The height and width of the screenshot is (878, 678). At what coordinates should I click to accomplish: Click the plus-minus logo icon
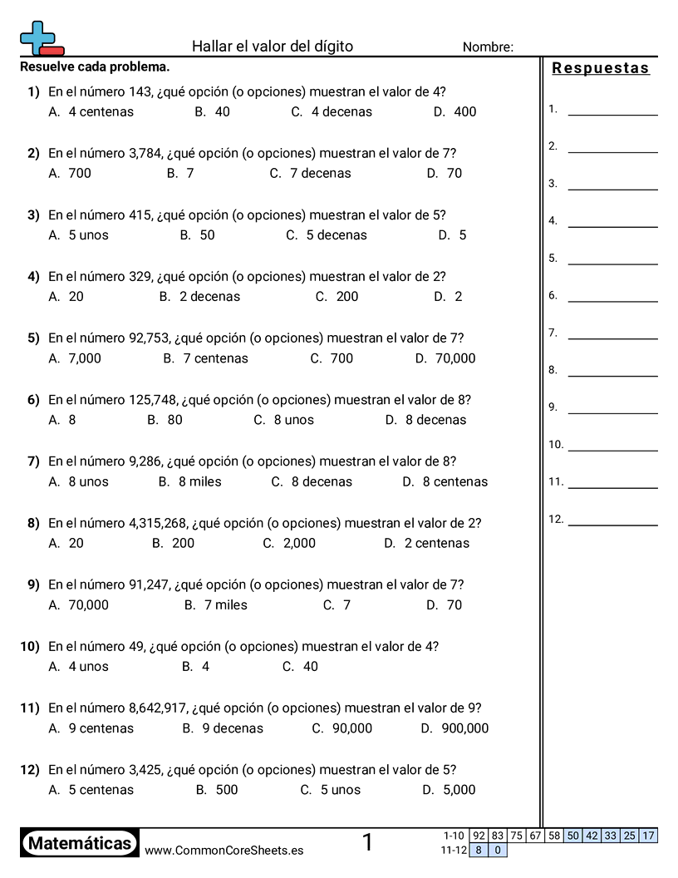coord(41,38)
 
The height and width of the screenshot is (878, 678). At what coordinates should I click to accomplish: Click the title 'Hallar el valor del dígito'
coord(272,47)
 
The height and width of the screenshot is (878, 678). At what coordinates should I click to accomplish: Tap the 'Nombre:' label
coord(488,47)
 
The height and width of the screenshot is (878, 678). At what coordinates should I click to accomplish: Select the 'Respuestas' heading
coord(600,68)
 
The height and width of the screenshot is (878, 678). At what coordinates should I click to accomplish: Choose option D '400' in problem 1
coord(455,111)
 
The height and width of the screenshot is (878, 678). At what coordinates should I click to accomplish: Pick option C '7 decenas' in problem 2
coord(310,173)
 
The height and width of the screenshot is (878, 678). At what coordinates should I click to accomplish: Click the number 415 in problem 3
coord(140,215)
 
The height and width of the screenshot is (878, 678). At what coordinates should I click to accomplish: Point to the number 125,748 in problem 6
coord(153,399)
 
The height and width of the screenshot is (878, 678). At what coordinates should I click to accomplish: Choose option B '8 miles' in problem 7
coord(190,481)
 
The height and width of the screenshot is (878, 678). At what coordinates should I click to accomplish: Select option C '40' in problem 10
coord(301,666)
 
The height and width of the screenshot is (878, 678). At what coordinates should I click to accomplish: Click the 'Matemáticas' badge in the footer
coord(80,844)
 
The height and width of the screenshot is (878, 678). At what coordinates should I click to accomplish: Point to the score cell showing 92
coord(479,836)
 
